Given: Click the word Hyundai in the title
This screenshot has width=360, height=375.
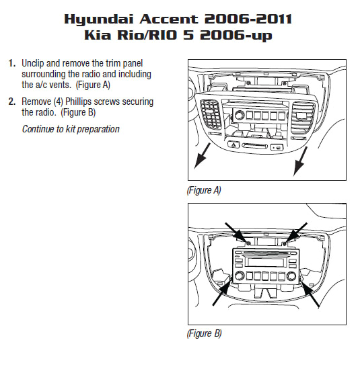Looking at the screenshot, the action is [98, 19].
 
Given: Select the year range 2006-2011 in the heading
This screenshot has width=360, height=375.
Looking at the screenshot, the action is [248, 19].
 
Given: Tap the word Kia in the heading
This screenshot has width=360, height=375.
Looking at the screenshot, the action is [98, 35].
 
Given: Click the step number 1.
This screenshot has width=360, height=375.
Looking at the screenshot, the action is [12, 63].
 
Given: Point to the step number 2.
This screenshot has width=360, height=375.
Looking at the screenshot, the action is [12, 101].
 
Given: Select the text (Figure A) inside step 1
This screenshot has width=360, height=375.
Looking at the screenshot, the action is [93, 85].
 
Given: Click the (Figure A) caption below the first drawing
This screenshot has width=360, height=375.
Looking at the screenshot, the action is [204, 190].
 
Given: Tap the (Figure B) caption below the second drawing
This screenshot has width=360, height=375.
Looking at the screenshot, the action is [204, 333].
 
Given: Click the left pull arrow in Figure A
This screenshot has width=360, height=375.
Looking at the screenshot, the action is [202, 156].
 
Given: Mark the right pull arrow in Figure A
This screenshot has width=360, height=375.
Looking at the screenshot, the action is [300, 161].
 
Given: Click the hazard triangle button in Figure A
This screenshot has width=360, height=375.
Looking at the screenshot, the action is [233, 144].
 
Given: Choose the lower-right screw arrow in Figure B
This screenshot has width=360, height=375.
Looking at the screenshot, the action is [310, 294].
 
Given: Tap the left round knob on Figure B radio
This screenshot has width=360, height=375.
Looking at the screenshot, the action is [239, 276].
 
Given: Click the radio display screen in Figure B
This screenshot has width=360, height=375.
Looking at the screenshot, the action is [264, 262].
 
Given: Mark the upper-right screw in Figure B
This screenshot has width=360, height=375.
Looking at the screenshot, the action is [285, 244].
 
